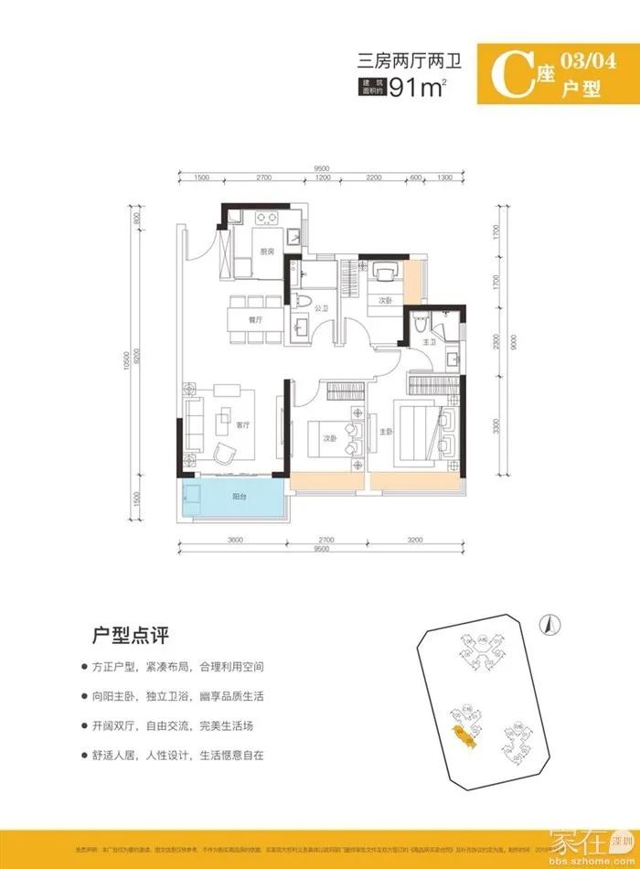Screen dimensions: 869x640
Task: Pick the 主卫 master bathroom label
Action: click(429, 342)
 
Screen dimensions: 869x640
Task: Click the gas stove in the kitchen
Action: click(265, 218)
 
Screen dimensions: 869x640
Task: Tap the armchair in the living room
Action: click(226, 451)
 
